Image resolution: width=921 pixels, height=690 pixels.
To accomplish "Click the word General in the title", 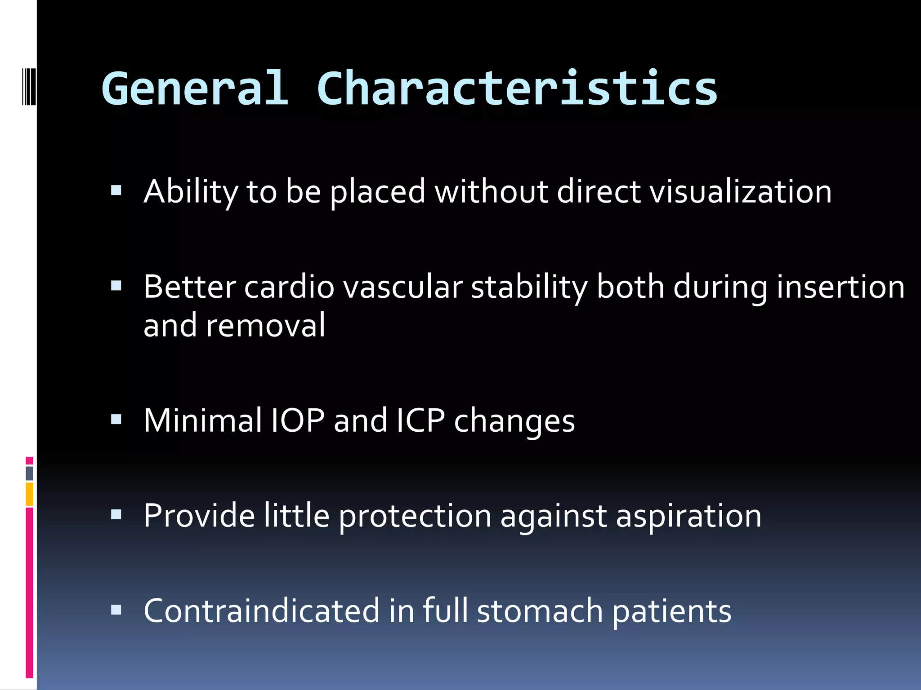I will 194,88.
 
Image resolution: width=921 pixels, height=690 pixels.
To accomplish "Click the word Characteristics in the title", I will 517,88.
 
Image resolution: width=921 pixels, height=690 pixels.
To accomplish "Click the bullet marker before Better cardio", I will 116,286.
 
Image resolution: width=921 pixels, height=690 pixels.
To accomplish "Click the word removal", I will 265,325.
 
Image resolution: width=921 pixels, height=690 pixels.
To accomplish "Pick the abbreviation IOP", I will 297,420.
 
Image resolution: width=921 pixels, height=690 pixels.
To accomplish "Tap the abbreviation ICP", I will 420,420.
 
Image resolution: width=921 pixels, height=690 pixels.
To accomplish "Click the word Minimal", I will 202,420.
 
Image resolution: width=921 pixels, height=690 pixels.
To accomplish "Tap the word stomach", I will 540,611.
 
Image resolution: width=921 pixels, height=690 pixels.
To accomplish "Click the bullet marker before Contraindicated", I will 116,610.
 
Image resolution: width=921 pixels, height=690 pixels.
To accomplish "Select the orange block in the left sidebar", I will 29,494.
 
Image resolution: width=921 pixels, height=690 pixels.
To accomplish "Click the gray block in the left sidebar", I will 29,473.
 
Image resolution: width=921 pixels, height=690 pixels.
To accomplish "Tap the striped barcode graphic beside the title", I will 29,86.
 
